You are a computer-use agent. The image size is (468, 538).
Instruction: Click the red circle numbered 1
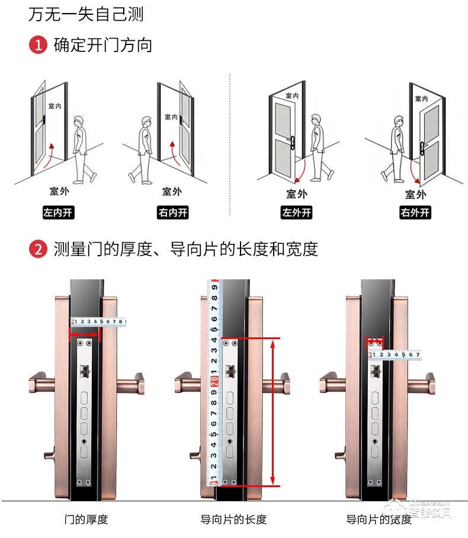pos(38,45)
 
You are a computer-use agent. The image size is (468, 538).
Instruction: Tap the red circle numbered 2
pos(38,249)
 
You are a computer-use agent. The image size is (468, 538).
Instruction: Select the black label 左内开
pos(58,213)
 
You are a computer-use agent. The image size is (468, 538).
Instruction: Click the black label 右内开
pos(173,213)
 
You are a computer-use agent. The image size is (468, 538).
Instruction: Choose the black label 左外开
pos(296,213)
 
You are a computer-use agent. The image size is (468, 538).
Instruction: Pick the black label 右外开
pos(415,213)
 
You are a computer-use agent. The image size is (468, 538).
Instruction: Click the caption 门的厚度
pos(86,520)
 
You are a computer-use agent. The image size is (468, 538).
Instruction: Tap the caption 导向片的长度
pos(233,520)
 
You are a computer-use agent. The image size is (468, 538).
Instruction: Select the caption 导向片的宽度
pos(379,520)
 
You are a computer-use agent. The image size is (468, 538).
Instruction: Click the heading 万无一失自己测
pos(86,14)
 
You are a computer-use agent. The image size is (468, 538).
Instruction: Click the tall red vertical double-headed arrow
pos(273,412)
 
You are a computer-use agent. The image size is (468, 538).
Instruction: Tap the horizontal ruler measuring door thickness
pos(99,322)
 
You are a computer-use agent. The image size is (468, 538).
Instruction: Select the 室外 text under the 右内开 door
pos(172,192)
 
